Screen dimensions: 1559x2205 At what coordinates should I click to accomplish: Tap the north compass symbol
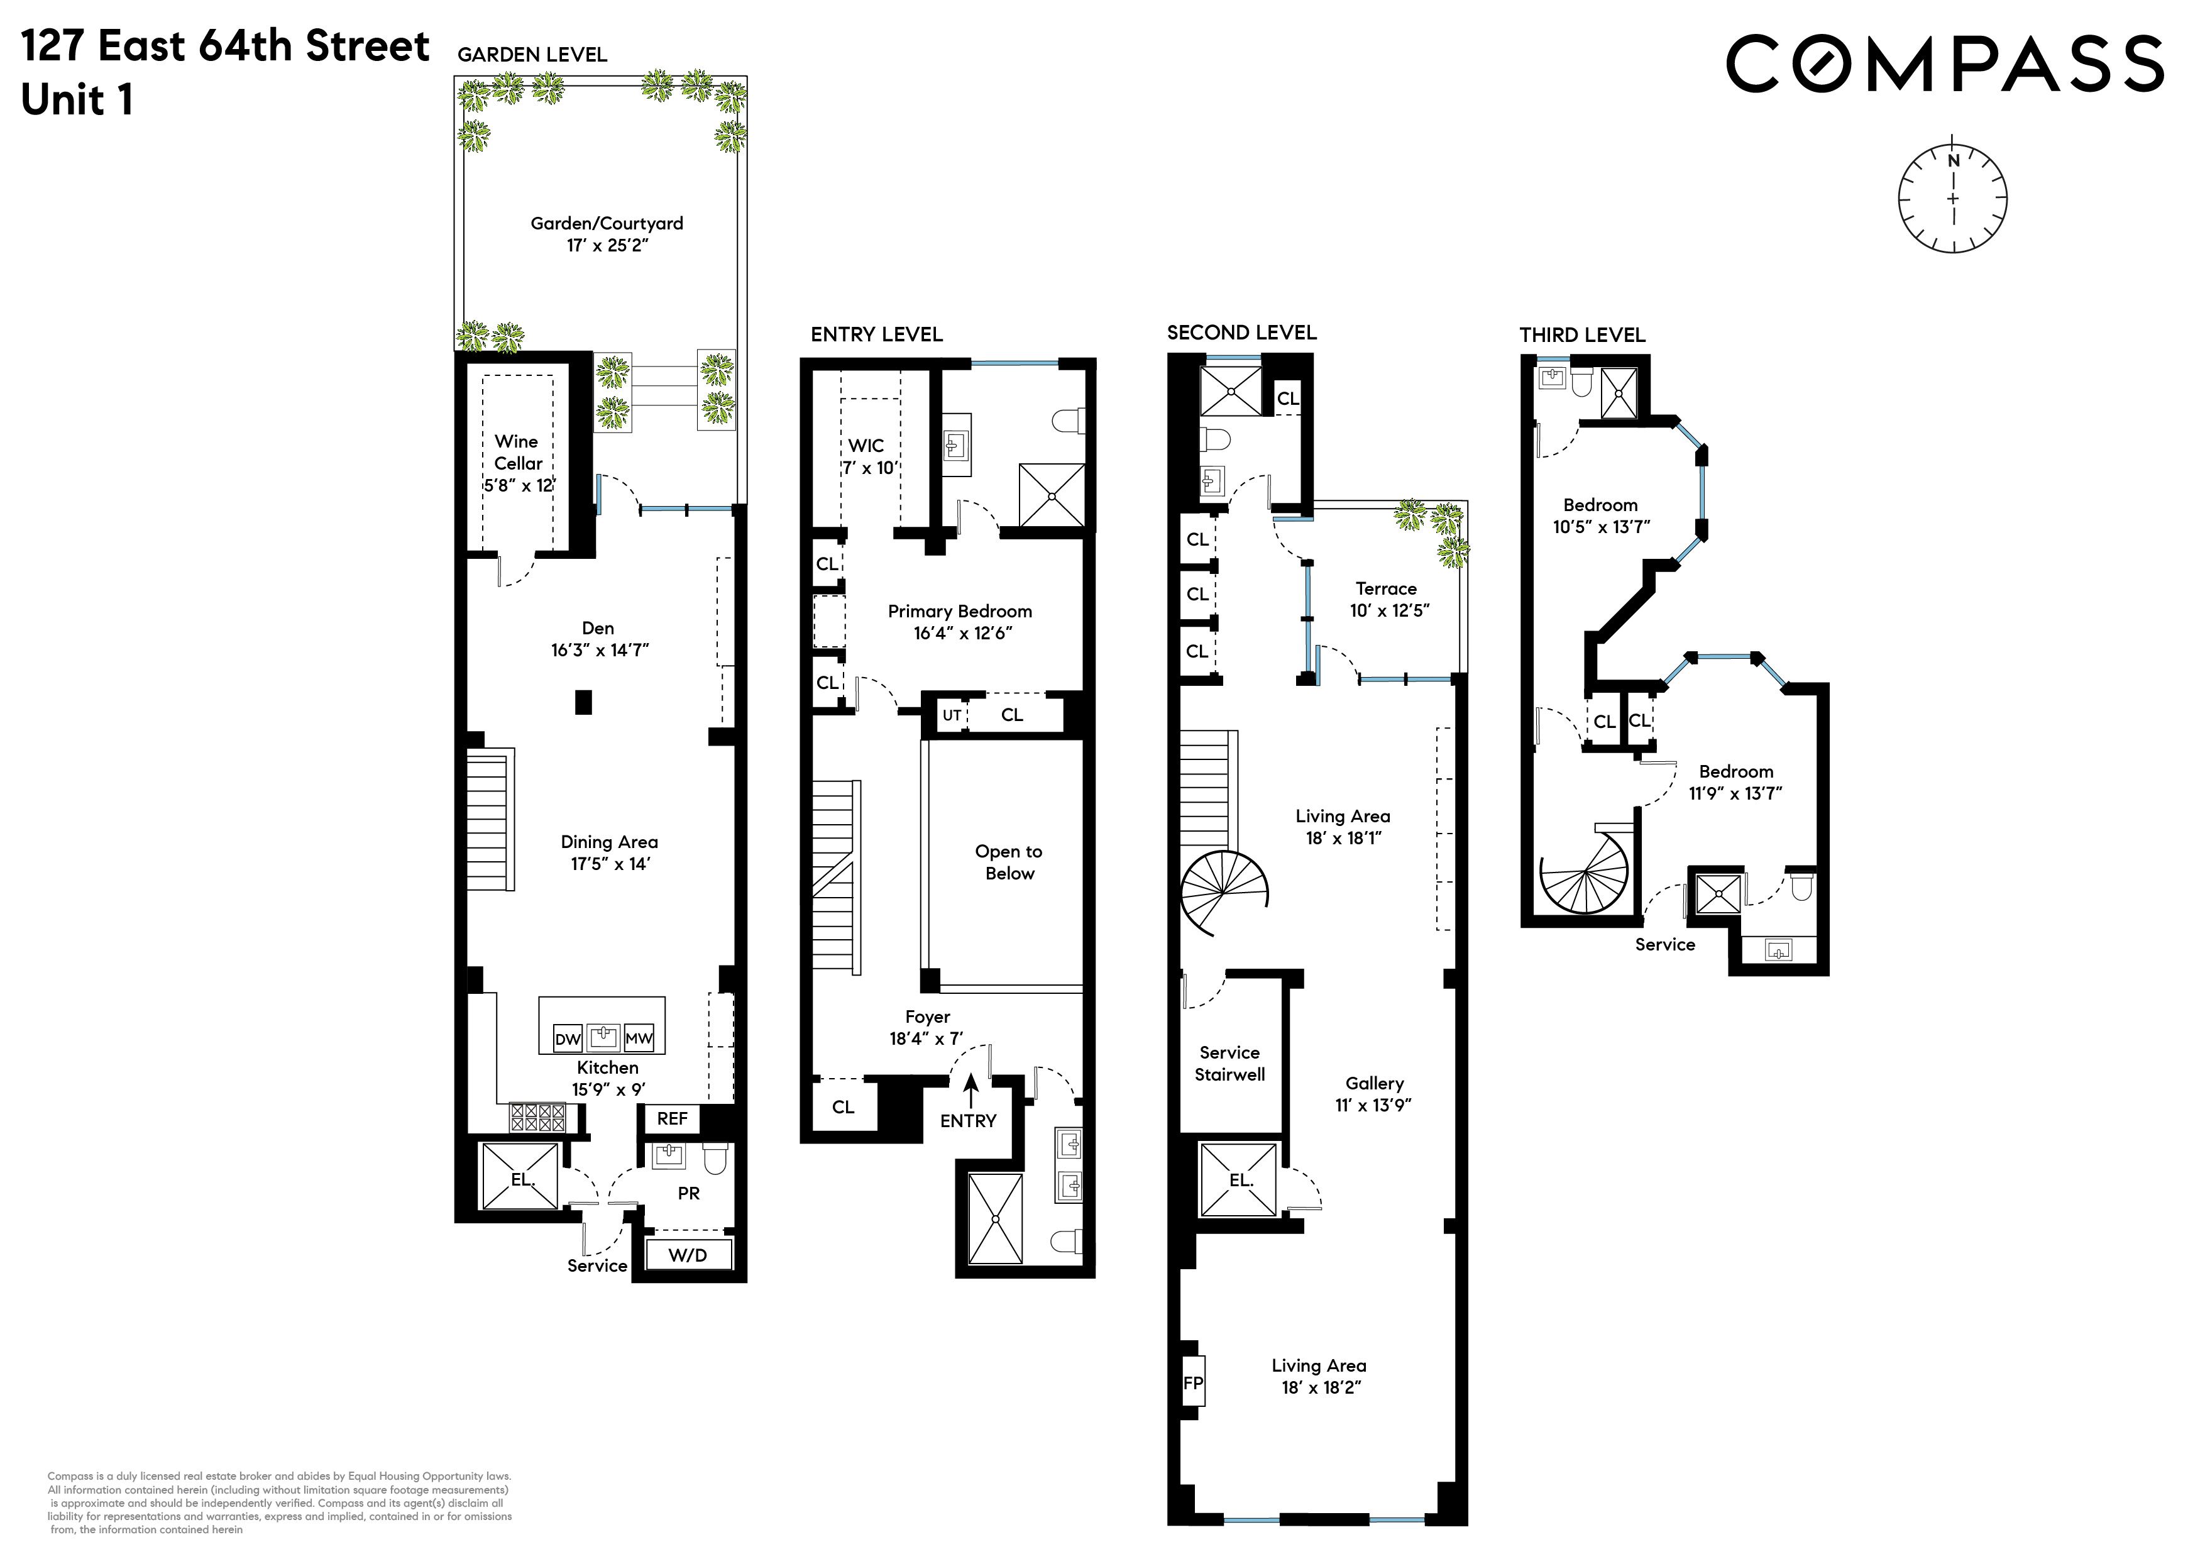click(x=1952, y=199)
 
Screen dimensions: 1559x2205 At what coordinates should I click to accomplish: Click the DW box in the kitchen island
click(x=568, y=1038)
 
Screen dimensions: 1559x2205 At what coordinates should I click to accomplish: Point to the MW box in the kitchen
click(x=639, y=1038)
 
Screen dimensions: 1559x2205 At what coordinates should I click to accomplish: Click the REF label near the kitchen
click(x=673, y=1118)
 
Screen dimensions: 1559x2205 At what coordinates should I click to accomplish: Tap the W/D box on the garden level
click(x=688, y=1255)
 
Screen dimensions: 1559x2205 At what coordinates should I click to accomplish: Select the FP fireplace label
click(x=1193, y=1382)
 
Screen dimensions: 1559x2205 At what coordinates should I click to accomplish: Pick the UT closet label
click(x=952, y=715)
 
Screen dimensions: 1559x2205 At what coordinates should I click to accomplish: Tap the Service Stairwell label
click(x=1229, y=1064)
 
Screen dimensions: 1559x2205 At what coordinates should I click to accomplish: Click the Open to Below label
click(x=1008, y=862)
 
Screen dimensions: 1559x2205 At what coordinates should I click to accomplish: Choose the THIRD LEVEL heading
click(x=1581, y=334)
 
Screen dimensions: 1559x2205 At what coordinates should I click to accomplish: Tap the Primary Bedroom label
click(x=959, y=611)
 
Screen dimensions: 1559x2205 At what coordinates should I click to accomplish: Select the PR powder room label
click(x=688, y=1193)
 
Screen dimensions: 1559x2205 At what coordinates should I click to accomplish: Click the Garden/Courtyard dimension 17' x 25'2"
click(x=607, y=245)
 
